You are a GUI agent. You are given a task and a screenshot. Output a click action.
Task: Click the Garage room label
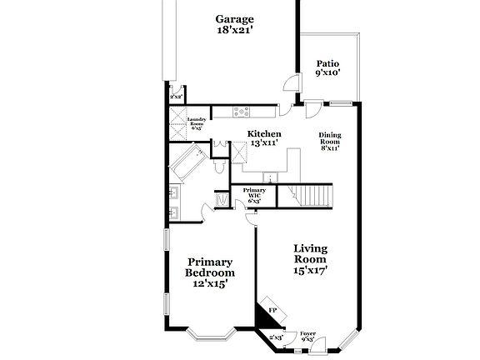234,24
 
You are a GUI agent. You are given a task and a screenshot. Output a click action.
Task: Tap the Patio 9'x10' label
327,68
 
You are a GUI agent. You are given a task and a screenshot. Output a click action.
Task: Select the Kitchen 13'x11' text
265,138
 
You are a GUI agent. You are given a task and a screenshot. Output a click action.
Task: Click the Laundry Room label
197,124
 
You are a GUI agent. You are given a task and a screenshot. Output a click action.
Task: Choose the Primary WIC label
254,195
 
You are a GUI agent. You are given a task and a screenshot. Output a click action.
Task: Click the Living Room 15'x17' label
310,258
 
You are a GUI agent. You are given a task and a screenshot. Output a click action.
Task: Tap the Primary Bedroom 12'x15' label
209,272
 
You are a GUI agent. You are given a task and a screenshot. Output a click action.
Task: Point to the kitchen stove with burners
241,111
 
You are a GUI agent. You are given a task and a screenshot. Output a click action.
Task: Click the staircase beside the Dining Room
315,197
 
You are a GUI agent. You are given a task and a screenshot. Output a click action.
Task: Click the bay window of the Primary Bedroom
212,336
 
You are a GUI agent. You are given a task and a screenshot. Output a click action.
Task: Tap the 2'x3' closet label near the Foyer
276,337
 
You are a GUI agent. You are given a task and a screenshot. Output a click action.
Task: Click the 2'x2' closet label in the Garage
176,97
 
